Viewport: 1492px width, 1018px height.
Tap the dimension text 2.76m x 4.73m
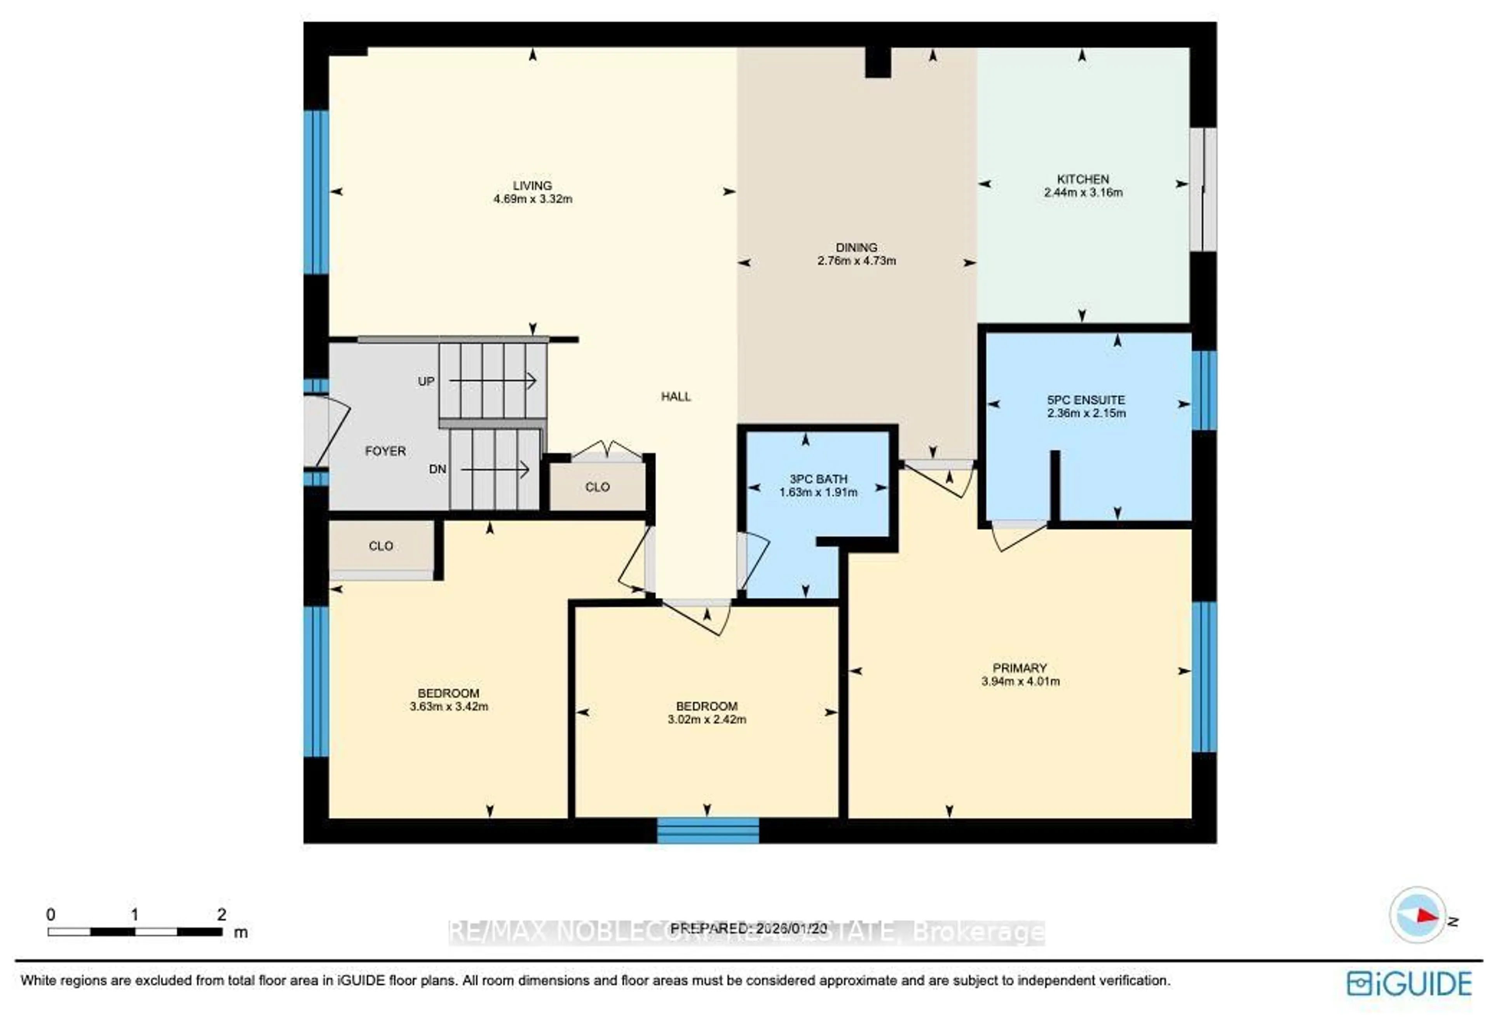pyautogui.click(x=856, y=261)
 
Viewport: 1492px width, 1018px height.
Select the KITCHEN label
pyautogui.click(x=1082, y=179)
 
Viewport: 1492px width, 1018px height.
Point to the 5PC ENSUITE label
pyautogui.click(x=1086, y=400)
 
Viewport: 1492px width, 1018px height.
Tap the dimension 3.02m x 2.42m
pyautogui.click(x=706, y=719)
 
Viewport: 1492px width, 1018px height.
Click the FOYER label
pyautogui.click(x=385, y=451)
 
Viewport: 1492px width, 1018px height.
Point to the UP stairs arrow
pyautogui.click(x=492, y=381)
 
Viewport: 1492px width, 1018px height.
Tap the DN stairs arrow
pyautogui.click(x=494, y=470)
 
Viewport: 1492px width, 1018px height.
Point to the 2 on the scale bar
pyautogui.click(x=221, y=914)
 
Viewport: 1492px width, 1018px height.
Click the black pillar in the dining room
pyautogui.click(x=878, y=63)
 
